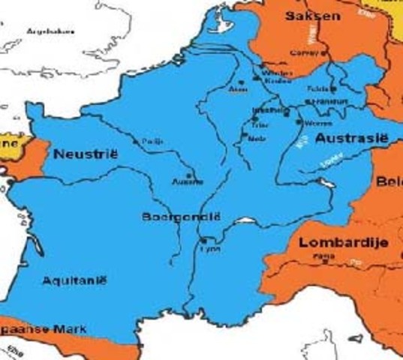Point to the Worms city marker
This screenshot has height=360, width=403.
point(299,121)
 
